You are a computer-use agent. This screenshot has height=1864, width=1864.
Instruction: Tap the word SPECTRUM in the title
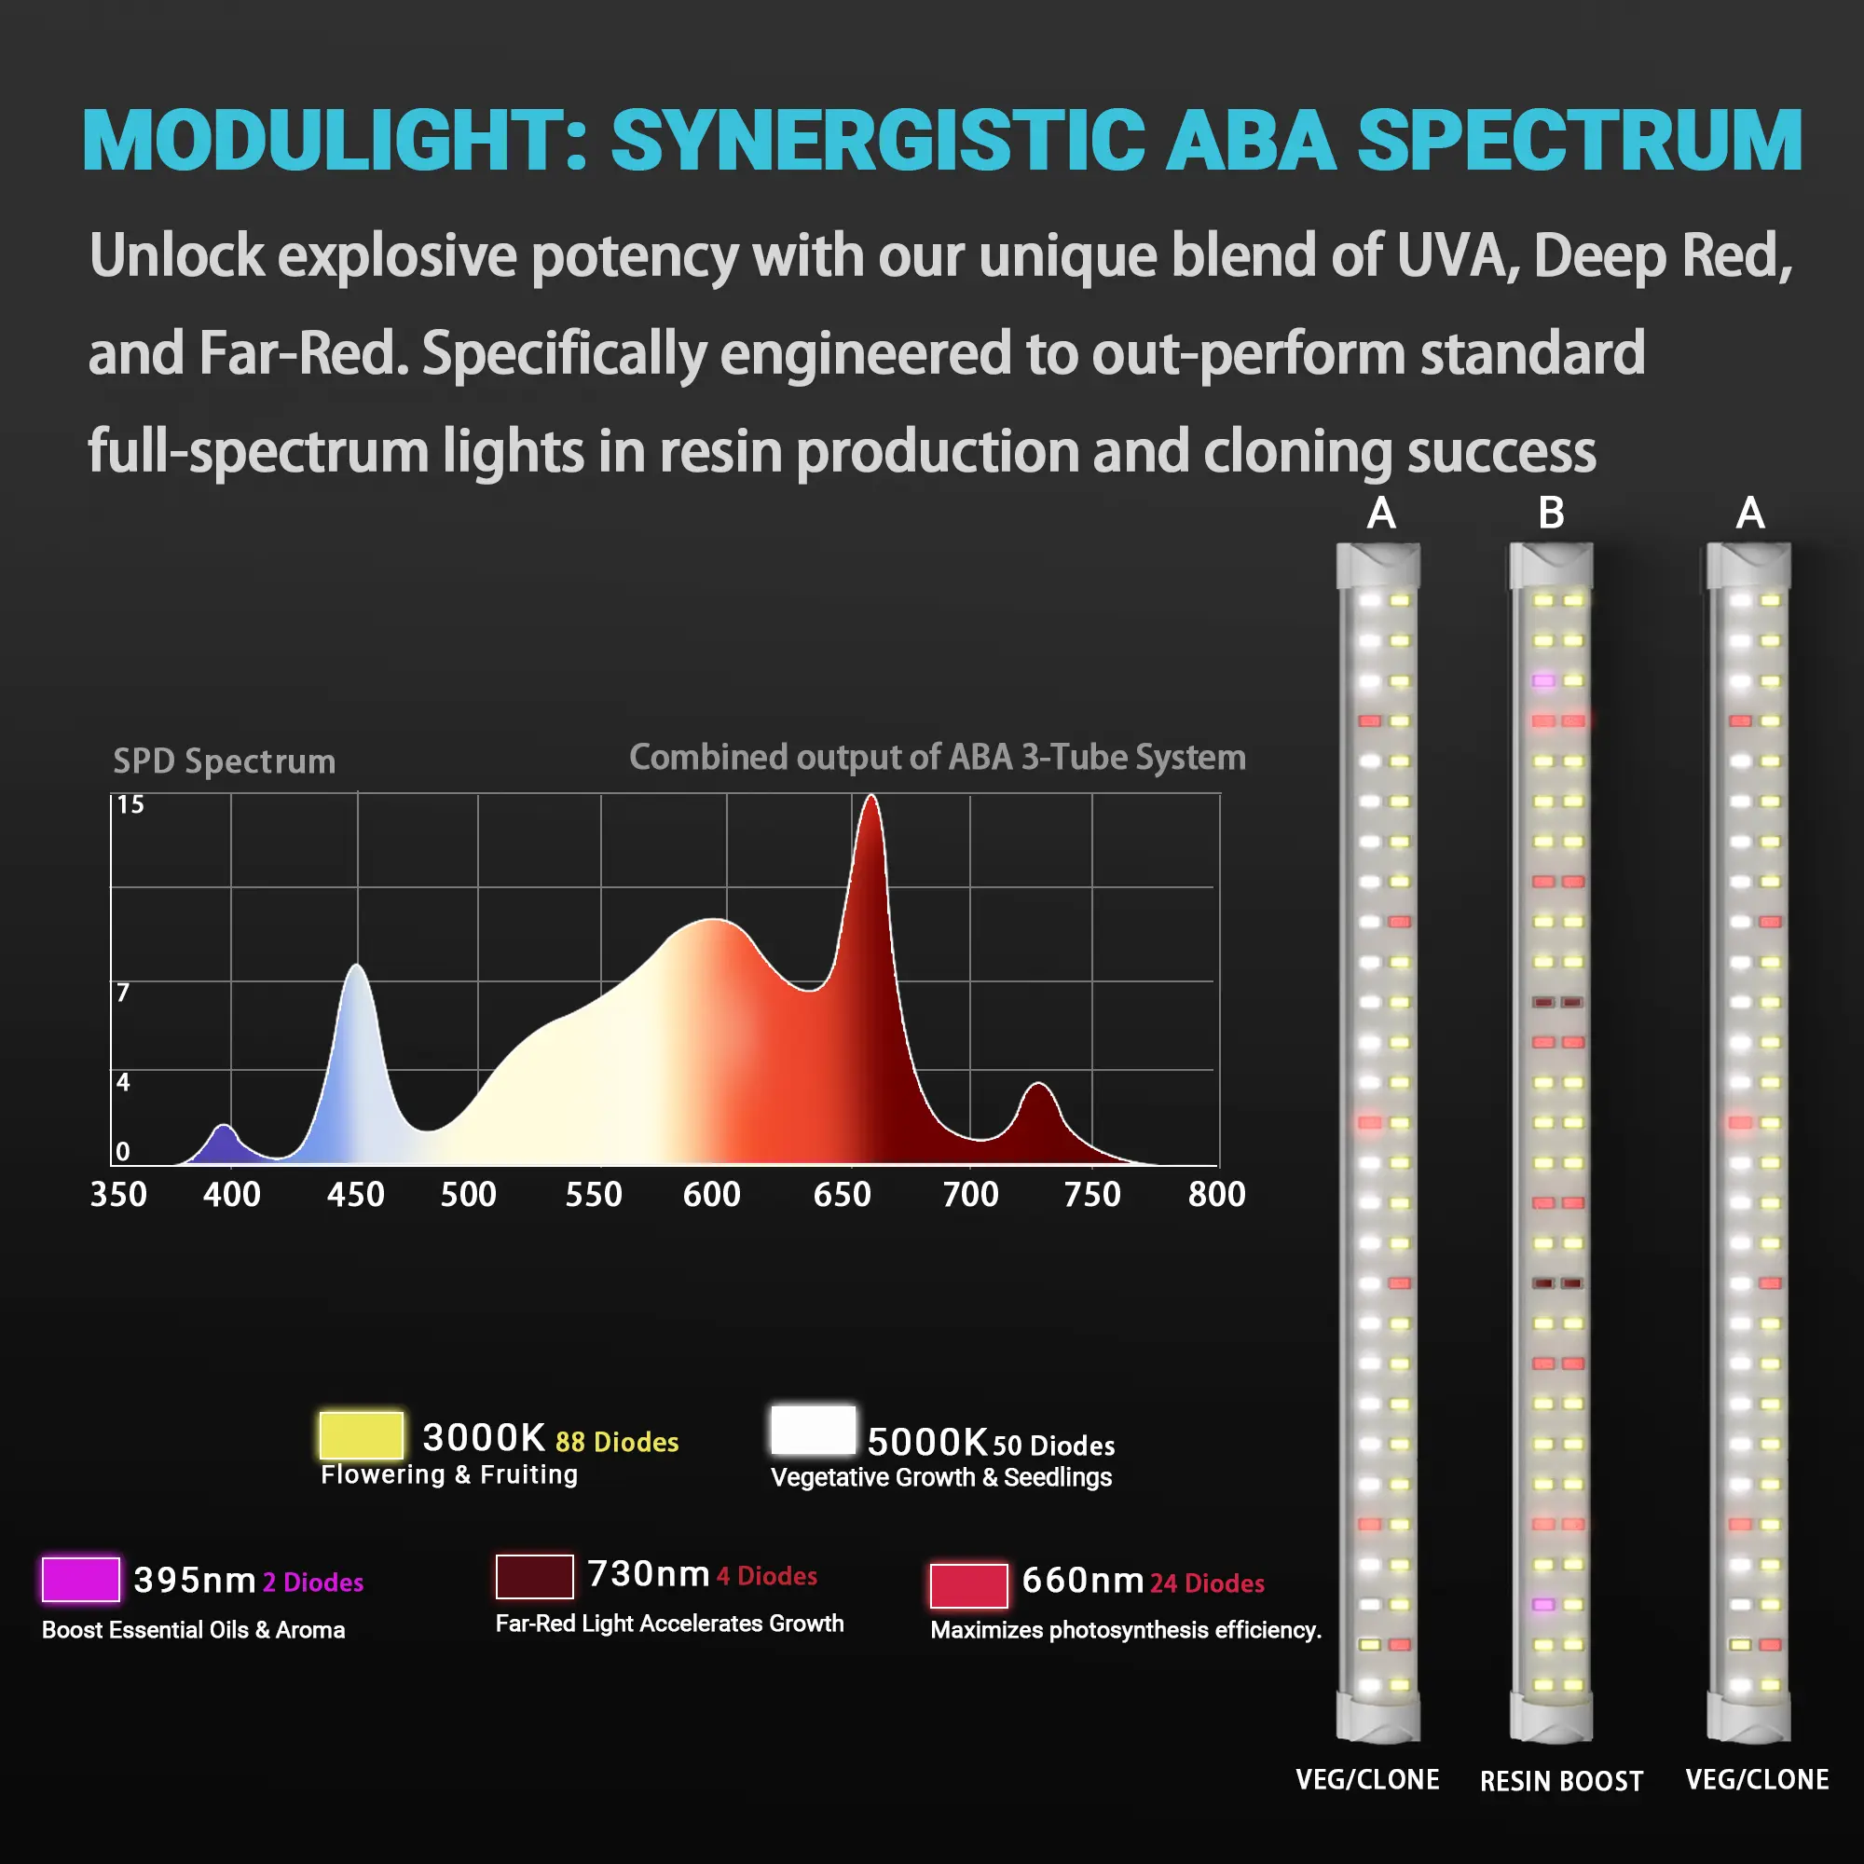1580,141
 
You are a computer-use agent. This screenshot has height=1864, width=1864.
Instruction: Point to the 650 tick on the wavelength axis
842,1195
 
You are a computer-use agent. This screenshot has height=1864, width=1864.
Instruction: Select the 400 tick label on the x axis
231,1195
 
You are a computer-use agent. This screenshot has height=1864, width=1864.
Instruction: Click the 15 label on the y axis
130,804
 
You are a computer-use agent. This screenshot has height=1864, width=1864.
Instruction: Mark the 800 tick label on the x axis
1216,1195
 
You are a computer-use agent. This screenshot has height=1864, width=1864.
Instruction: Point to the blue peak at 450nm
357,968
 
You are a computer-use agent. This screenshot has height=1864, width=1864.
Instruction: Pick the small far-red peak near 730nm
1038,1089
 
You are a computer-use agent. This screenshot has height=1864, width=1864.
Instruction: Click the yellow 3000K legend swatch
361,1435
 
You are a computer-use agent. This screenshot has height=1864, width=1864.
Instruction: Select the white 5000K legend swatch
813,1430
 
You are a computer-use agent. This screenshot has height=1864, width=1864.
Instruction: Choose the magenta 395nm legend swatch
81,1580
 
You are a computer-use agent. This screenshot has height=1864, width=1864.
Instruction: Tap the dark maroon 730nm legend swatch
534,1575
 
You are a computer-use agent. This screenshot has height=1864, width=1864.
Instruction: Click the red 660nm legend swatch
968,1585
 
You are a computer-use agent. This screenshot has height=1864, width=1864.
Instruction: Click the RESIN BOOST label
1561,1781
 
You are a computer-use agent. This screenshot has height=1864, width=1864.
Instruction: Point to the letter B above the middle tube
1551,514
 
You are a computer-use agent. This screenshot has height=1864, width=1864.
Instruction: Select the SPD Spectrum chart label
225,761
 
